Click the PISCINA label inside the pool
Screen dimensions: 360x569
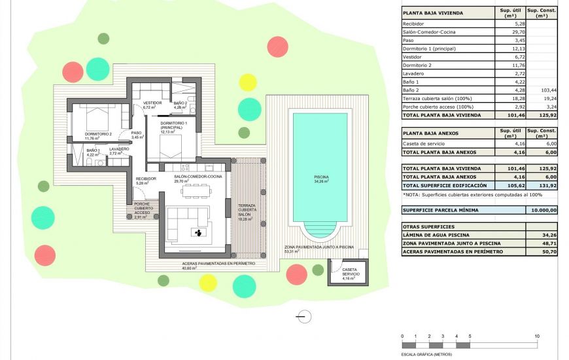[320, 179]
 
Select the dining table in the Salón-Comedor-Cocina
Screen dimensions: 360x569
[196, 190]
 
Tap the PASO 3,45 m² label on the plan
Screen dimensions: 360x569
[137, 135]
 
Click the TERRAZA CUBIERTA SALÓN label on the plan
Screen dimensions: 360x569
[247, 213]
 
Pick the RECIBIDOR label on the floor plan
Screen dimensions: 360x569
[145, 181]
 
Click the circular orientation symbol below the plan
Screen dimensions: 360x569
[303, 317]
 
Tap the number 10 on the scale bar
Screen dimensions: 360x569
[537, 336]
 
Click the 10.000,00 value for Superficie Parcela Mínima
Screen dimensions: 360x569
[543, 210]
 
